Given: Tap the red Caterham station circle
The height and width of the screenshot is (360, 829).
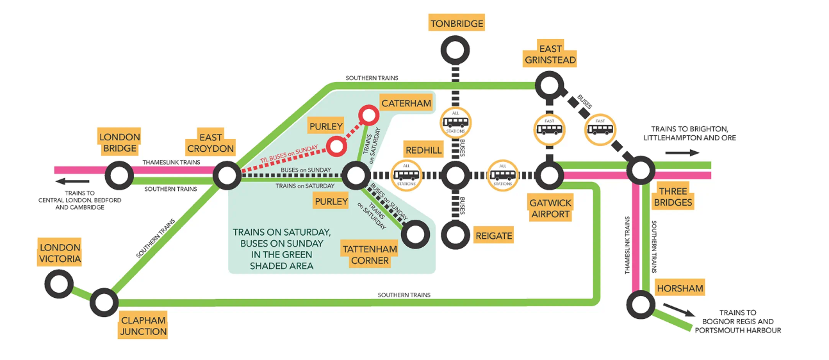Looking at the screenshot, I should [x=369, y=116].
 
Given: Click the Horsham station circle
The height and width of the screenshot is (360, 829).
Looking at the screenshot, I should [x=640, y=304].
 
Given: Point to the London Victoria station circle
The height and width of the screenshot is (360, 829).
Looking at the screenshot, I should [x=59, y=282].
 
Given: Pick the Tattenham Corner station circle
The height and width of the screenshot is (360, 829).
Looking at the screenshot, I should [x=415, y=234].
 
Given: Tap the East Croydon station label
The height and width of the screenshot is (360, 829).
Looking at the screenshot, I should [x=211, y=143].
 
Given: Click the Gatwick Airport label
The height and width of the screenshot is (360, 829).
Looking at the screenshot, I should [x=550, y=209].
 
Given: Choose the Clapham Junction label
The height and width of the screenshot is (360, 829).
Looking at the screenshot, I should [x=144, y=326].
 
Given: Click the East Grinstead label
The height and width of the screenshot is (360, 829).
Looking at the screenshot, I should [x=550, y=54].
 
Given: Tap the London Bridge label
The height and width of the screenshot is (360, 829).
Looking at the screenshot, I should [x=119, y=143].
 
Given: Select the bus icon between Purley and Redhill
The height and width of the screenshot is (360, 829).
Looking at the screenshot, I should [x=406, y=175].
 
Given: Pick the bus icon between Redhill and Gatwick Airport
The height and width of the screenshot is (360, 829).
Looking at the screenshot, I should [x=502, y=175].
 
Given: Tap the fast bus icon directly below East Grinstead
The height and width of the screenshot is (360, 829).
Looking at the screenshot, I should [x=550, y=129].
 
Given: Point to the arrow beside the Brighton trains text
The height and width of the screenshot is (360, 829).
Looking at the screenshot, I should [x=680, y=153].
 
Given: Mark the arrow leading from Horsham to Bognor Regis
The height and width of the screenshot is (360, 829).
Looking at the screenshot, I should [x=679, y=309].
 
